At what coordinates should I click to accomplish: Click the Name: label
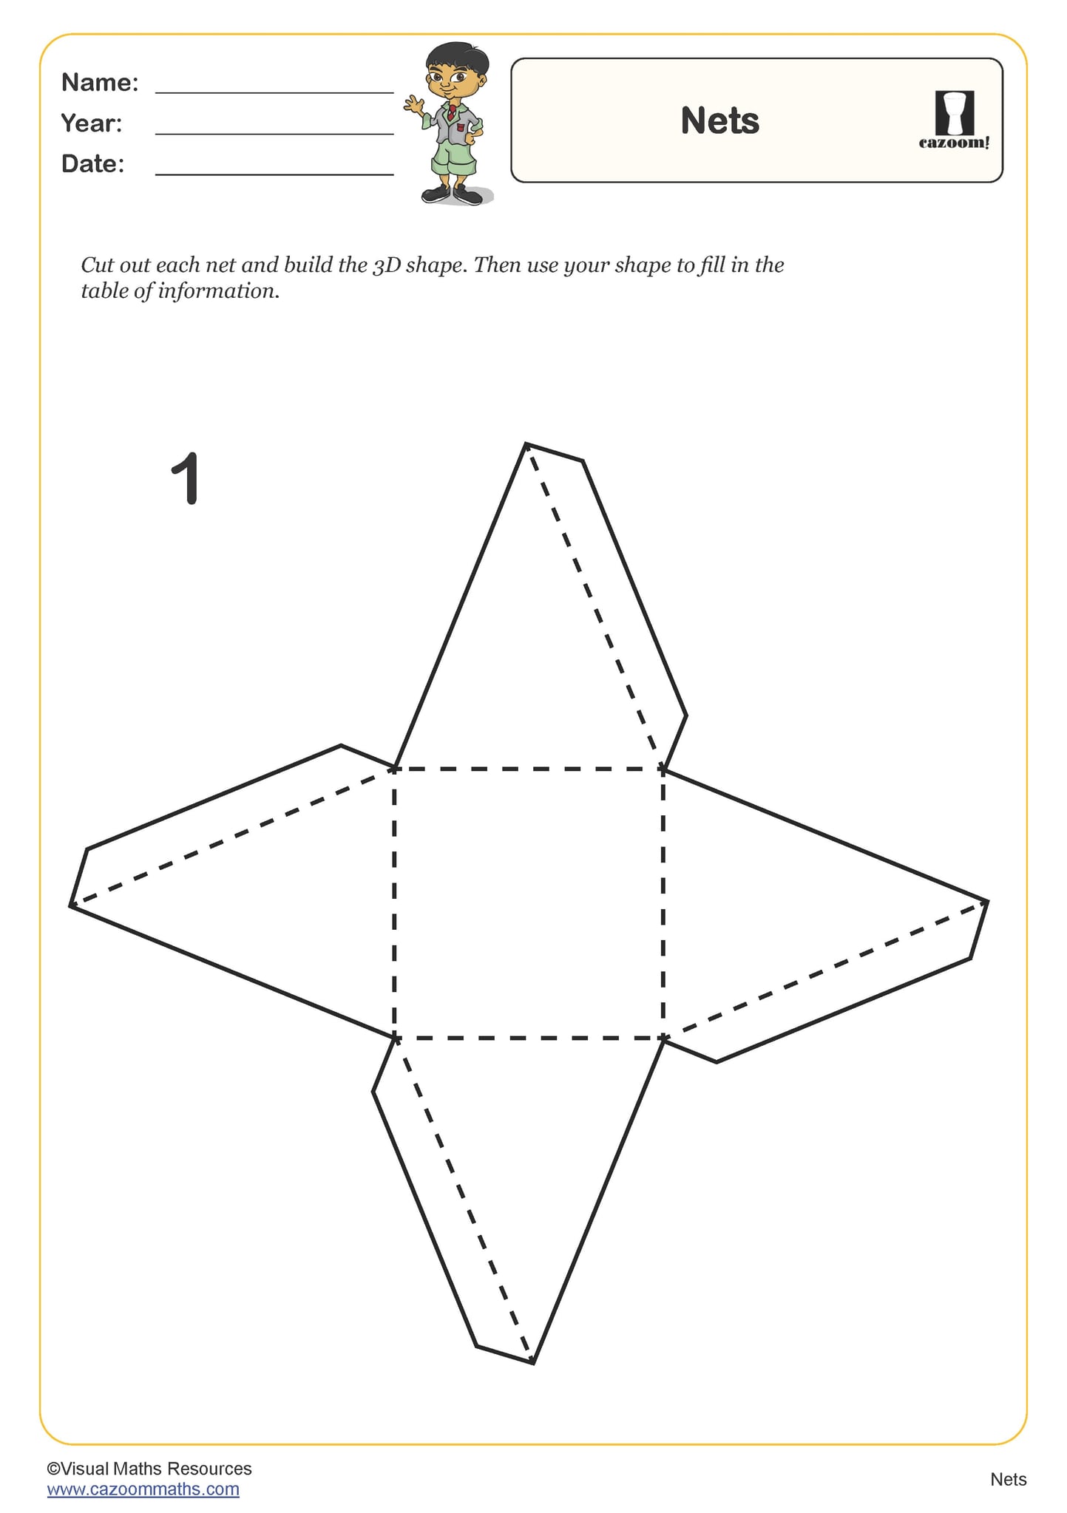pos(100,82)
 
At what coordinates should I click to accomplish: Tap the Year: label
pos(92,123)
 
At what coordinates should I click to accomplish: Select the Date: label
pos(93,163)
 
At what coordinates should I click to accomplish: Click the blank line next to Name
pos(274,92)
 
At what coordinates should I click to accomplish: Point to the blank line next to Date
pos(274,173)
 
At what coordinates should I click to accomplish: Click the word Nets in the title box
pos(719,120)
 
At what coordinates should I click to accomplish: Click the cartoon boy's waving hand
pos(413,104)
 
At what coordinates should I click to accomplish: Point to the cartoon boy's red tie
pos(451,112)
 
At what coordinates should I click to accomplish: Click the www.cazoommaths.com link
pos(143,1489)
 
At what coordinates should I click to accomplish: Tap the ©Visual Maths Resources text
pos(149,1468)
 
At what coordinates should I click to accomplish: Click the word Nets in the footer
pos(1008,1479)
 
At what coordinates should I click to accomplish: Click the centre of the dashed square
pos(529,903)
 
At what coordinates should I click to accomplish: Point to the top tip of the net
pos(526,444)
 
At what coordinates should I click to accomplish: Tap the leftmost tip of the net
pos(71,905)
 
